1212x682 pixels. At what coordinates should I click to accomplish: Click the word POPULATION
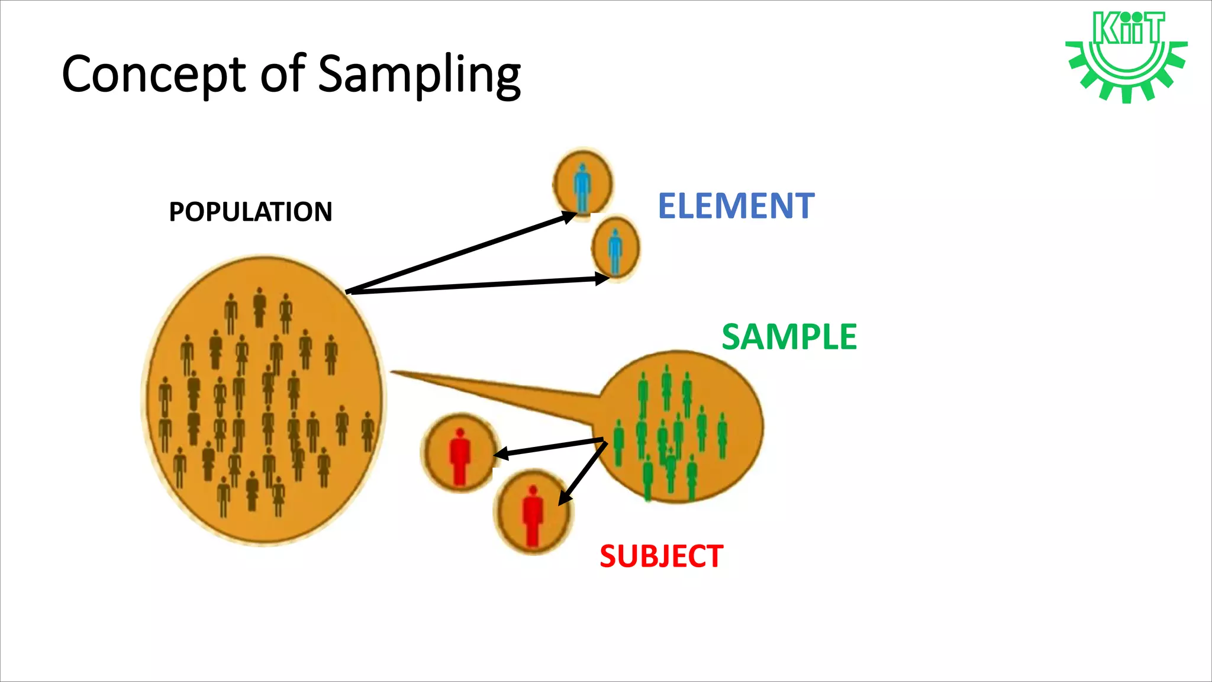coord(250,211)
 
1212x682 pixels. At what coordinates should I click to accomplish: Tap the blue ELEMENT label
coord(736,206)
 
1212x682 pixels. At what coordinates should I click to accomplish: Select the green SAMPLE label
coord(789,337)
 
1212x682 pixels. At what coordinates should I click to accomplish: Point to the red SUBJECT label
coord(661,556)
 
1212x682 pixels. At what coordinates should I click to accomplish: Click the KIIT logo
coord(1126,56)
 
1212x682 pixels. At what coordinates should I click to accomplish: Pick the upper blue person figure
coord(582,186)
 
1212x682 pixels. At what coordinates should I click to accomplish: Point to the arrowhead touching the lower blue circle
coord(603,278)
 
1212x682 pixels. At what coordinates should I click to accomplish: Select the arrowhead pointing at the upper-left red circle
coord(501,454)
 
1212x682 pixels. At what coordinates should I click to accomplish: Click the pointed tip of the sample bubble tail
coord(392,372)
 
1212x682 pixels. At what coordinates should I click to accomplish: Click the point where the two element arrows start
coord(348,291)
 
